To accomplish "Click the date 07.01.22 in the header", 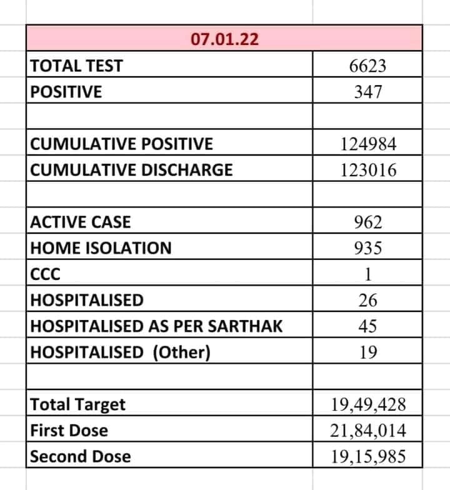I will (225, 39).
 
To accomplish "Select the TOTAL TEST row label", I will (77, 66).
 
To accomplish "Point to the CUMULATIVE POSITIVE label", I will (122, 144).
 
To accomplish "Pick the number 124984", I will (368, 144).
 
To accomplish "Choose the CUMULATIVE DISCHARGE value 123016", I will (368, 170).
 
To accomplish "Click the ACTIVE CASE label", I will (81, 222).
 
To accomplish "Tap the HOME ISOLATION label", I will (101, 248).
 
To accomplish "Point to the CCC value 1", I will (368, 274).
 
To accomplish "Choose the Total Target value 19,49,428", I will (368, 405).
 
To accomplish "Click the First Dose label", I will (69, 431).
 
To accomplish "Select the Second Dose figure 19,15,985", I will (368, 457).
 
